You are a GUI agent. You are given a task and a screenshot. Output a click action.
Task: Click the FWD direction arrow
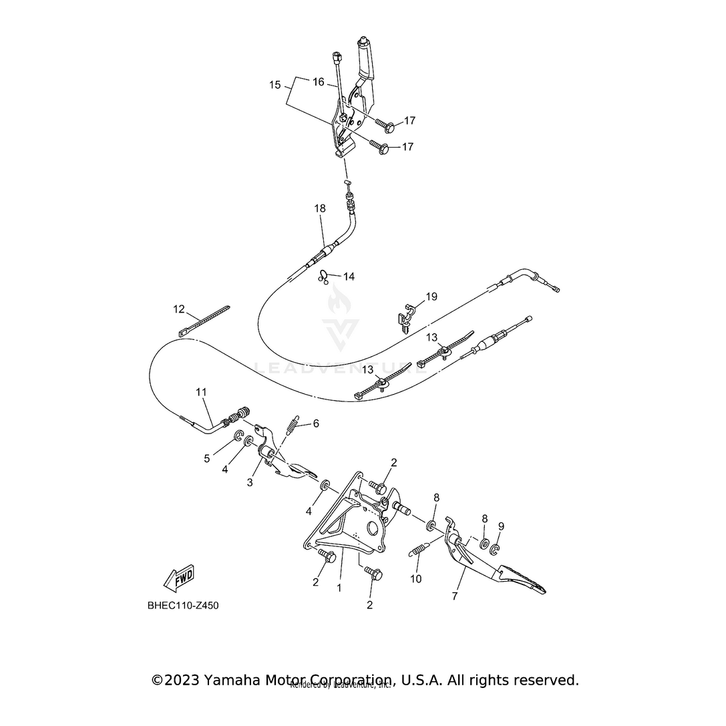coord(178,578)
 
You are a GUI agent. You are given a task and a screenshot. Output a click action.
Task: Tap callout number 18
coord(320,208)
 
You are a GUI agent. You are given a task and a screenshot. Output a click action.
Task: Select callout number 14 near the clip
coord(349,276)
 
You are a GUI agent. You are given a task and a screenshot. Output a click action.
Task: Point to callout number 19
coord(431,297)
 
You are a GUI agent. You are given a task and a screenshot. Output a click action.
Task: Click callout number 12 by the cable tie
coord(179,309)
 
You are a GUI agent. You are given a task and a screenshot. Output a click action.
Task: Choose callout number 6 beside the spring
coord(316,423)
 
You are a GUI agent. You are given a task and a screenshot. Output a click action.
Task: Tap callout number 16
coord(319,82)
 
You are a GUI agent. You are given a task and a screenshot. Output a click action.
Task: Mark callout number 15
coord(276,85)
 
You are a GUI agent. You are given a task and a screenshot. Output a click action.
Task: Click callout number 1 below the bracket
coord(339,588)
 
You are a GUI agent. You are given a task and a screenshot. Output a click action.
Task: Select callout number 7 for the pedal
coord(455,596)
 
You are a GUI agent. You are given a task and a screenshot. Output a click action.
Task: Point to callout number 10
coord(416,579)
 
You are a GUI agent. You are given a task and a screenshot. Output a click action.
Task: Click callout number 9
coord(501,526)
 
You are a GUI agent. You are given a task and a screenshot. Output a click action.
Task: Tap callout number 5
coord(207,458)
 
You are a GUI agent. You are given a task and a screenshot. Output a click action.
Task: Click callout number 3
coord(250,482)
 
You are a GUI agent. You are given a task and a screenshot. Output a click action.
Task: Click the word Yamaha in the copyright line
coord(234,680)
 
